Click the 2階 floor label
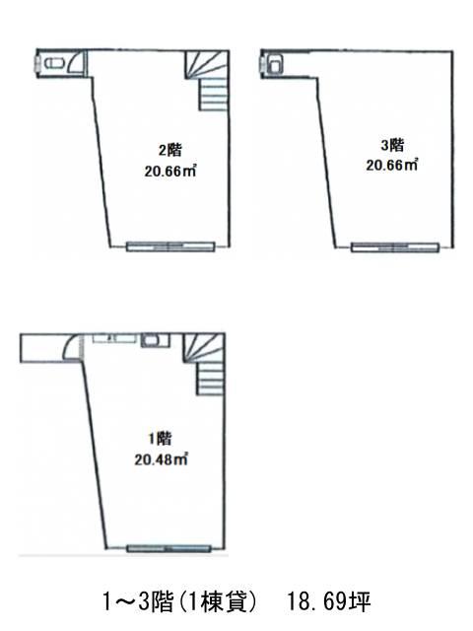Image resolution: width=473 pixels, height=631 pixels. point(170,150)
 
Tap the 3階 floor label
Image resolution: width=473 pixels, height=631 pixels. point(392,145)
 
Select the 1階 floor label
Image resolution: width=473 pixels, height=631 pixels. point(160,438)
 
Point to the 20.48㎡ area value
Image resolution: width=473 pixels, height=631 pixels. point(162,459)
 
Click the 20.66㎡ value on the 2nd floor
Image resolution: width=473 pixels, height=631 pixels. point(170,172)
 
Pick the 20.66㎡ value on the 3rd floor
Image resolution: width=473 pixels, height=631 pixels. point(392,165)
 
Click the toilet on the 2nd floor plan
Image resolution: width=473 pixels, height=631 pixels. point(52,63)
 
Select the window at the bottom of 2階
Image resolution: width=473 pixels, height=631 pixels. point(170,246)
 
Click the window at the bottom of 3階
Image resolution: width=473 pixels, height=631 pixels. point(395,247)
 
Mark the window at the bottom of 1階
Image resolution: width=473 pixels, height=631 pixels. point(169,548)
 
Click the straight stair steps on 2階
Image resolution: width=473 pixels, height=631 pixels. point(214,95)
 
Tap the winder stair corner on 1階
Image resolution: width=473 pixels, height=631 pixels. point(204,347)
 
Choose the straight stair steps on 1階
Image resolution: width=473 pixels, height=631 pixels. point(210,379)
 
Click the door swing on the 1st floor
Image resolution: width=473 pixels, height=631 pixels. point(71,346)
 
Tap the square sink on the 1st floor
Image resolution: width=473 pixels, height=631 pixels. point(155,341)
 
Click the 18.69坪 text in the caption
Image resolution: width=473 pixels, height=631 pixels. point(328,602)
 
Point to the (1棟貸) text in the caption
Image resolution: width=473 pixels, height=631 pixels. point(216,602)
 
